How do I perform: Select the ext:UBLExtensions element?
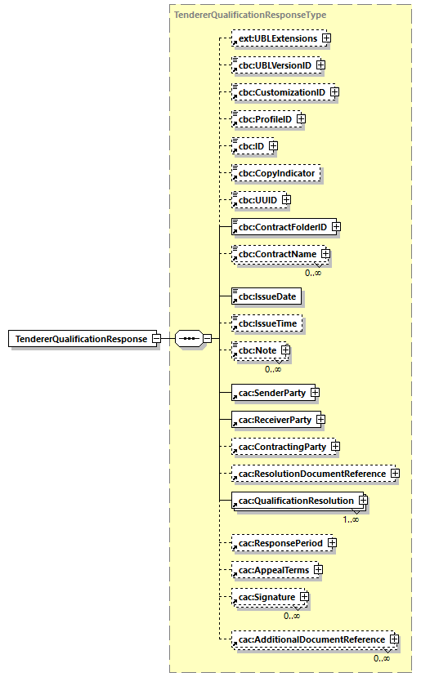click(275, 38)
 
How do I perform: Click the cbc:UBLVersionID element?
click(273, 65)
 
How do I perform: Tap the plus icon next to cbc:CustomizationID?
click(334, 92)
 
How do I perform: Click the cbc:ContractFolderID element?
click(280, 226)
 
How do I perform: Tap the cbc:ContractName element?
click(276, 254)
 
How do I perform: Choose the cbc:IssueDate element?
click(262, 296)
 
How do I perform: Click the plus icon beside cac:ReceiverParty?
click(321, 420)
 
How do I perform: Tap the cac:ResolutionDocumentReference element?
click(310, 474)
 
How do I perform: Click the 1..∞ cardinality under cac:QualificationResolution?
click(351, 519)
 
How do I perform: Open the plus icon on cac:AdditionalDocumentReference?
click(394, 639)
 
